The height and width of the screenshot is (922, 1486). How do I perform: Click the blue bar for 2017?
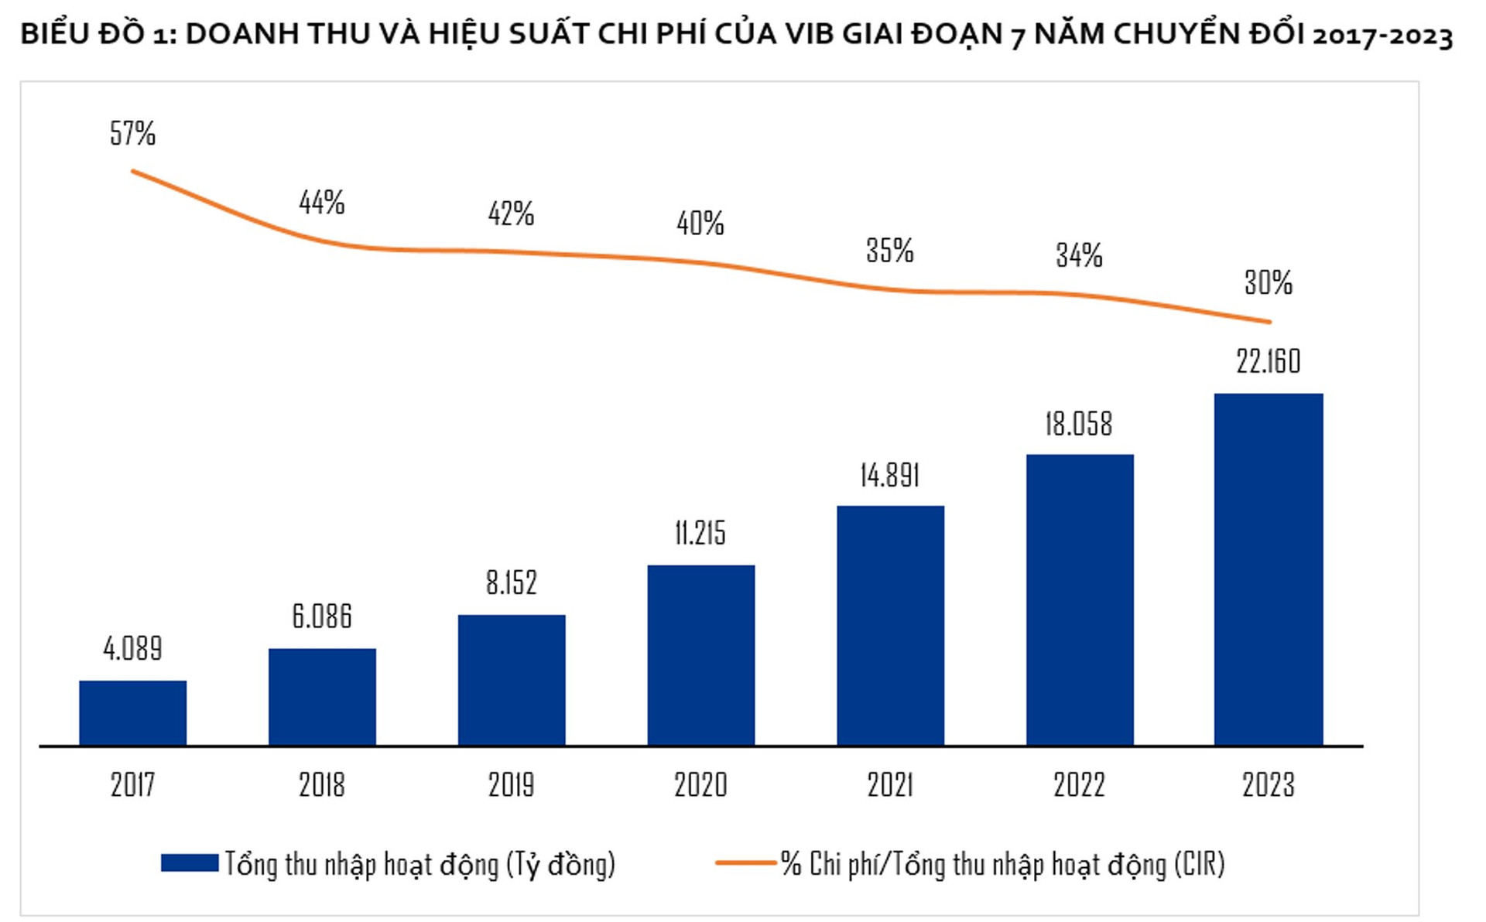click(x=132, y=712)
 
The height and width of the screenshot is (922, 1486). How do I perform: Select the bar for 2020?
click(x=700, y=655)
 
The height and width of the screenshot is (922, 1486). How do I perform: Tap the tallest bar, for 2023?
click(x=1269, y=569)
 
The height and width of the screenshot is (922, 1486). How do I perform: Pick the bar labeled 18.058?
click(x=1080, y=599)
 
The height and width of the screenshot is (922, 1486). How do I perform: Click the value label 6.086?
click(x=322, y=616)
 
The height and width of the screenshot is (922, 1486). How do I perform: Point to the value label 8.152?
click(x=511, y=582)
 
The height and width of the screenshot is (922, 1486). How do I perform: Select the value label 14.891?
click(x=890, y=475)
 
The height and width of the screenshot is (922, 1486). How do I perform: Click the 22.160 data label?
click(x=1269, y=361)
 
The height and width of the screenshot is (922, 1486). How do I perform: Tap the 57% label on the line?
click(x=132, y=133)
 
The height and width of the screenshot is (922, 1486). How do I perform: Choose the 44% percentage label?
click(x=322, y=202)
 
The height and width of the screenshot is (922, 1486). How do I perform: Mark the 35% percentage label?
click(x=890, y=250)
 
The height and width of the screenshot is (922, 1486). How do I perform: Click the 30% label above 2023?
click(x=1269, y=282)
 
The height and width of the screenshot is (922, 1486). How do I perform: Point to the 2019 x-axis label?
click(x=511, y=784)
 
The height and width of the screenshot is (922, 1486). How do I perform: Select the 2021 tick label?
click(x=890, y=784)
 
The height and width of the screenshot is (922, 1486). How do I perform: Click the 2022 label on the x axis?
click(x=1080, y=784)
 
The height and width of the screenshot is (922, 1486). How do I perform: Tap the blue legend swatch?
click(x=190, y=863)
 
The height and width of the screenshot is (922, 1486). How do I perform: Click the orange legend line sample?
click(x=745, y=862)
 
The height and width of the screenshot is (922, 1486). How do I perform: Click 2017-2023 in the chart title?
click(x=1382, y=36)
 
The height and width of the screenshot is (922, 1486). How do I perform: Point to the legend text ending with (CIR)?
click(x=1003, y=864)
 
